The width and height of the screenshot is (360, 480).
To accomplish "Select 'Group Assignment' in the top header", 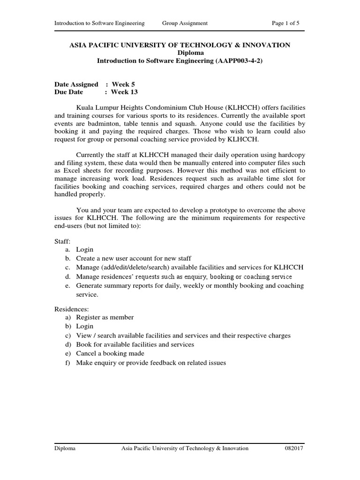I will [185, 23].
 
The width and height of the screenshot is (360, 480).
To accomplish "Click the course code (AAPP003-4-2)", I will [237, 60].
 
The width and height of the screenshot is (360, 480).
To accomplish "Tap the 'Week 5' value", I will [123, 84].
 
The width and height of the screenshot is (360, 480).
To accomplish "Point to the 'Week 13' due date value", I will [124, 92].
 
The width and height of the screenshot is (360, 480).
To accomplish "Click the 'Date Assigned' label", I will [76, 84].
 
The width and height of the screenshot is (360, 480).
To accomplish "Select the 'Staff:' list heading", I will [62, 240].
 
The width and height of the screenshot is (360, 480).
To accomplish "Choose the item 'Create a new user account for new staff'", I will [134, 258].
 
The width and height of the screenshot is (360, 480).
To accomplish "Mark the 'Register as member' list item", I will [105, 317].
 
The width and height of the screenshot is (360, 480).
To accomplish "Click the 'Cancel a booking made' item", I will [110, 353].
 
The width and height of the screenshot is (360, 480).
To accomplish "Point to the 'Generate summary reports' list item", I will [190, 285].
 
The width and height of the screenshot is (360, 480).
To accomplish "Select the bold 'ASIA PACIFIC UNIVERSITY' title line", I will [180, 45].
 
